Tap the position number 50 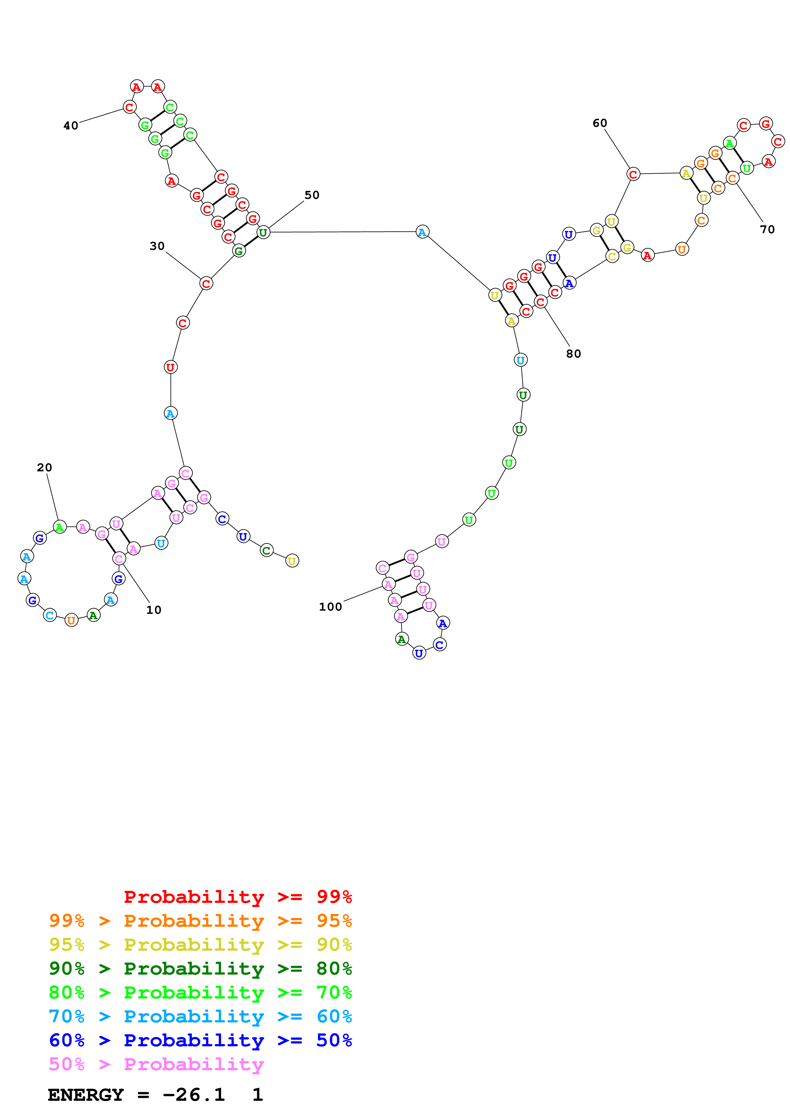pos(312,195)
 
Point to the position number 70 pos(767,229)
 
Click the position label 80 pos(573,354)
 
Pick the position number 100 pos(330,607)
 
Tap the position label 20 pos(44,468)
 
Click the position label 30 pos(157,246)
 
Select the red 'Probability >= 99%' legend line pos(237,897)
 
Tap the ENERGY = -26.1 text pos(136,1095)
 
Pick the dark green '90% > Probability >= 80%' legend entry pos(200,969)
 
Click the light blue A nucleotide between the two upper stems pos(422,232)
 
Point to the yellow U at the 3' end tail pos(292,561)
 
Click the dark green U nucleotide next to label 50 pos(263,232)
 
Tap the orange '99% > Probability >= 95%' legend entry pos(200,921)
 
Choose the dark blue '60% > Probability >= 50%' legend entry pos(200,1040)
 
